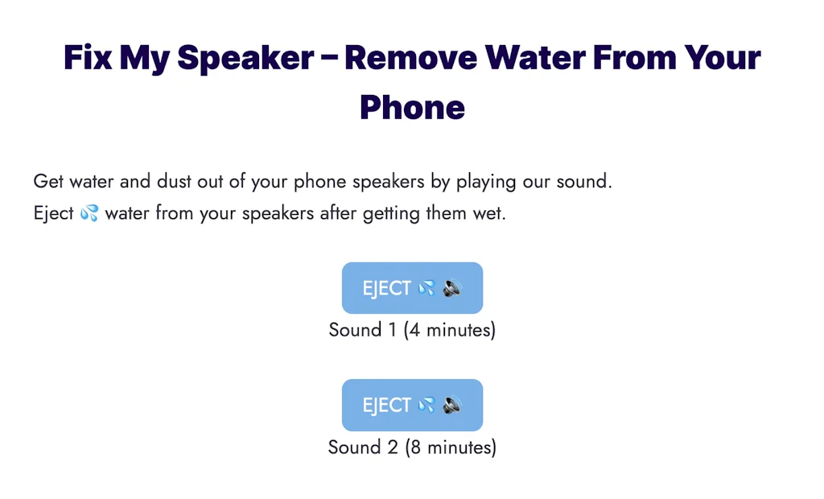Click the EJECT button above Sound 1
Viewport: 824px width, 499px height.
click(x=412, y=288)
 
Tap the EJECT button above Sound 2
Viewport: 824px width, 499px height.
click(x=412, y=405)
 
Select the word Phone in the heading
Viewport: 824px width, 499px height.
click(x=412, y=108)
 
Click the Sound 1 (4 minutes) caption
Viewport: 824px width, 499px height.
click(x=412, y=330)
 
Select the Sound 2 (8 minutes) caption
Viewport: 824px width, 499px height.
click(x=412, y=447)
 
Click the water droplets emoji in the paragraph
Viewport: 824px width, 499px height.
click(x=89, y=214)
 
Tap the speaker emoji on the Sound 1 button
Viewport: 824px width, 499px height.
click(x=452, y=288)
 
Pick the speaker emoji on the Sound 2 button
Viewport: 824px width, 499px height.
click(x=452, y=405)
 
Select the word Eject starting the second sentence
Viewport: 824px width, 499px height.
click(x=54, y=214)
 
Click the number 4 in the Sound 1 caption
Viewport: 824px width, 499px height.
click(x=414, y=330)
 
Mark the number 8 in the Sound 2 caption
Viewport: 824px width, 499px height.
click(x=414, y=447)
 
